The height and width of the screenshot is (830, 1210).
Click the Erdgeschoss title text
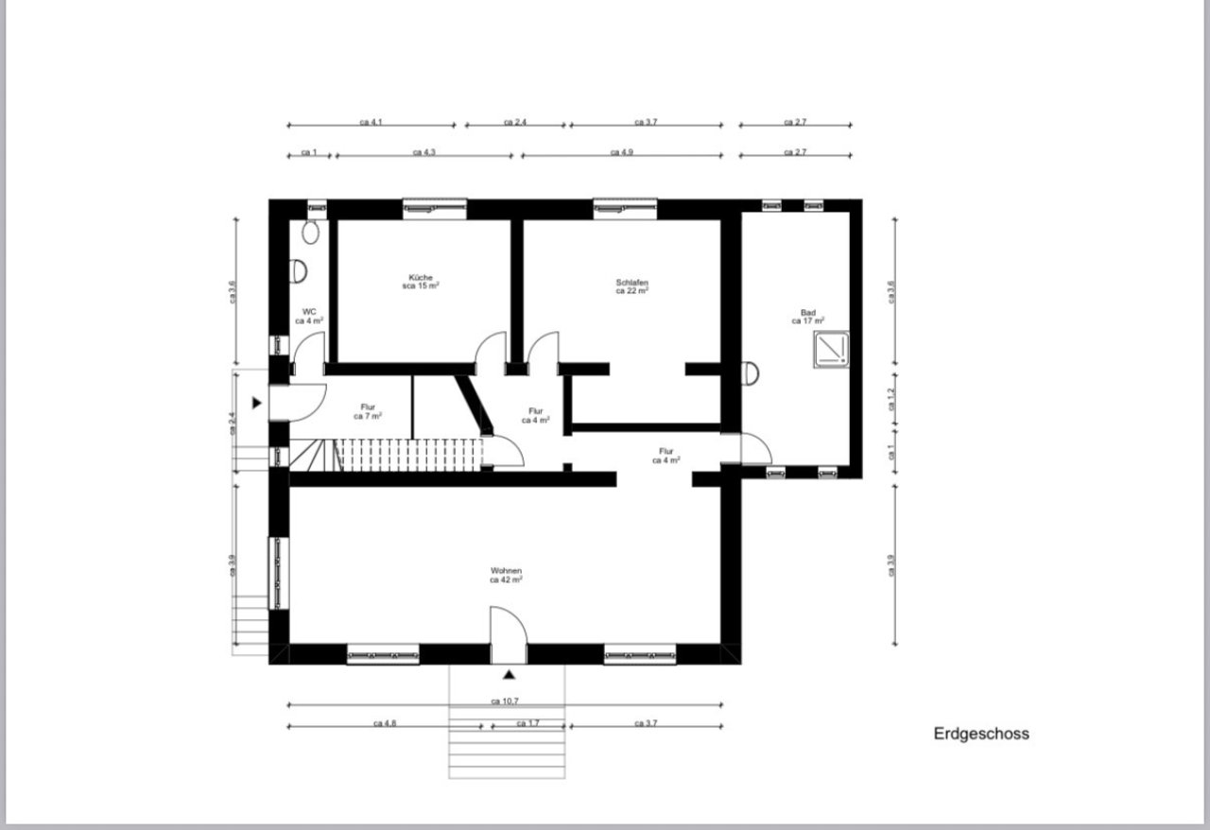981,734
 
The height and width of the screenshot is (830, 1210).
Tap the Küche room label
421,281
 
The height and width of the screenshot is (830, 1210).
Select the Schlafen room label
631,286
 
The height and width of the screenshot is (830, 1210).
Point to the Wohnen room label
506,576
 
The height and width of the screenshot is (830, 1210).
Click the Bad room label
807,317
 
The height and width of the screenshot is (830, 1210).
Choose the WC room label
309,316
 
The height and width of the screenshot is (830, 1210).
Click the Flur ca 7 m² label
368,411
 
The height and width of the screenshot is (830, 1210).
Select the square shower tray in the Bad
833,349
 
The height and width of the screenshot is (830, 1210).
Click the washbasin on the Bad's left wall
752,373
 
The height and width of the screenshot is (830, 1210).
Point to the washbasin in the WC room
301,271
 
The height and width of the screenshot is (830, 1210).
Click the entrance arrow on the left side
256,403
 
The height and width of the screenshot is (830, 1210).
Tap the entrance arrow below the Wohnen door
509,675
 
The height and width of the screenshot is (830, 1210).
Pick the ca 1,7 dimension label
527,723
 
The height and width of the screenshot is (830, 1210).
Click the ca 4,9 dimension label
621,152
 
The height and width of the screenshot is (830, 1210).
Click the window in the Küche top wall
435,207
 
